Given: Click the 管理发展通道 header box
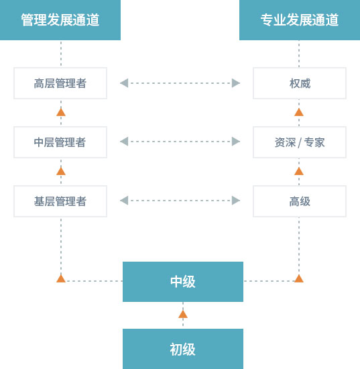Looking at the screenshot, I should [x=60, y=20].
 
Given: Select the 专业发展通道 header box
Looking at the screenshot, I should [x=299, y=20].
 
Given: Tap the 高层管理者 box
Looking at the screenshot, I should [x=60, y=83].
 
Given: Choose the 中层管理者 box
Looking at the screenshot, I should [x=60, y=142].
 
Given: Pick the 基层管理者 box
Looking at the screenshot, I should [x=60, y=201].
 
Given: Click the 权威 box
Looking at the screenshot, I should [x=299, y=83].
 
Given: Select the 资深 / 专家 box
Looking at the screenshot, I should [x=299, y=142].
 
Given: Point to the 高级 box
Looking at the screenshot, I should [x=299, y=201].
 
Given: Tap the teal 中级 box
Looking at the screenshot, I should [x=182, y=282].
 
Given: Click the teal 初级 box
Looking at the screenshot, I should [x=182, y=349].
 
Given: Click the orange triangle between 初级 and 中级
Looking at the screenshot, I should [x=182, y=314].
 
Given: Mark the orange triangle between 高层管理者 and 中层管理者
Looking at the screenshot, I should [x=61, y=112].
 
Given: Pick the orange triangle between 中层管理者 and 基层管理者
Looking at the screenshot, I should [x=61, y=171].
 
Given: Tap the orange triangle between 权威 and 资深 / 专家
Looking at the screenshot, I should [x=299, y=112].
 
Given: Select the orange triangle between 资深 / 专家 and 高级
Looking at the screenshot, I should [x=299, y=171].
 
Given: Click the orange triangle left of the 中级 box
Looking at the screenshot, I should [x=61, y=278].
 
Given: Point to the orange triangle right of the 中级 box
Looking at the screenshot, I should [x=299, y=278].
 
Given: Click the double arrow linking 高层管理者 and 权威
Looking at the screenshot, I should [x=180, y=83].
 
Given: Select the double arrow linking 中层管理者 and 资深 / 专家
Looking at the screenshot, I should [x=180, y=142].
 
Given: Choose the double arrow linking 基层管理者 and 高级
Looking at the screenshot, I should [x=180, y=201].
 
